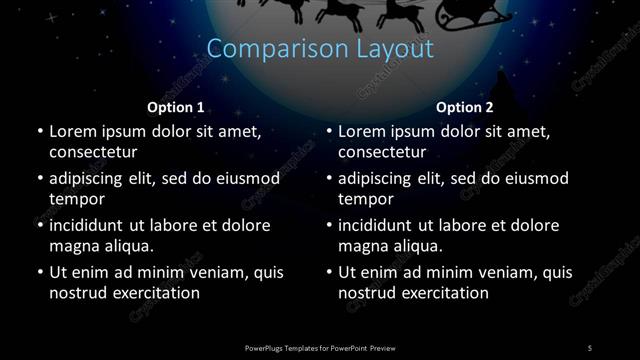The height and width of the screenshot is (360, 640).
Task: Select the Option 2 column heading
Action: (465, 106)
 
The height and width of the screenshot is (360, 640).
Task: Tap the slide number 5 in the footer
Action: (590, 346)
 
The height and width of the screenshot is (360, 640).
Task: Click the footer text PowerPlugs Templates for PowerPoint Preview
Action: (320, 346)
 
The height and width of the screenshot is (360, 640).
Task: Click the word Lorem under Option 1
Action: (74, 131)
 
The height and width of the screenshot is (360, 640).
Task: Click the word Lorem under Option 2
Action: (363, 131)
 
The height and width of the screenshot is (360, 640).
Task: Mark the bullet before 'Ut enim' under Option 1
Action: (38, 272)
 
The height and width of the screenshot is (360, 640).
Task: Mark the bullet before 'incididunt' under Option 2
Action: (328, 225)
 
